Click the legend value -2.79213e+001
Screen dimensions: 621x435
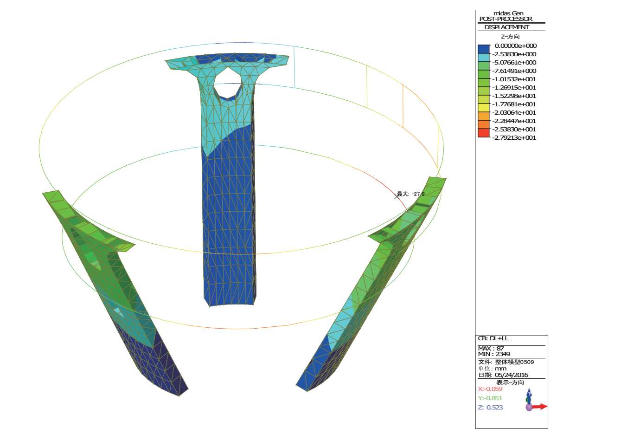click(x=514, y=138)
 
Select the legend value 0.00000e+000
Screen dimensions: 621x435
click(x=516, y=46)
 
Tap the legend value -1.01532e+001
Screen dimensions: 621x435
click(x=514, y=79)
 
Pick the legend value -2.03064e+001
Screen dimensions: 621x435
click(x=514, y=113)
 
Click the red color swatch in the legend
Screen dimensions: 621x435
click(x=484, y=133)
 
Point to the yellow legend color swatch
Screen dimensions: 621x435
click(x=484, y=108)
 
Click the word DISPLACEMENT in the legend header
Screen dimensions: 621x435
click(x=506, y=27)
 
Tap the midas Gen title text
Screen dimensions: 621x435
click(x=508, y=13)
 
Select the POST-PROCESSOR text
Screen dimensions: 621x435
click(x=506, y=19)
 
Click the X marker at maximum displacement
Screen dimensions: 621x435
click(x=397, y=196)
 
